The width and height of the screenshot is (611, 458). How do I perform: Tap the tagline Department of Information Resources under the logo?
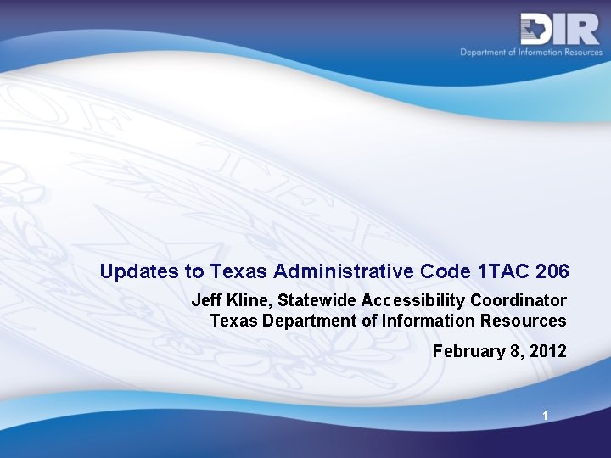click(x=531, y=53)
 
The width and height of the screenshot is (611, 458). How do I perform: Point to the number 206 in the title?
click(x=552, y=272)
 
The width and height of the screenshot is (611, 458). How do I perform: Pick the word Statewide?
click(x=317, y=300)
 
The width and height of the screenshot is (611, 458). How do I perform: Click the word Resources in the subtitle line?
click(x=524, y=321)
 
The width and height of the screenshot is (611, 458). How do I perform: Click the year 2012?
click(x=547, y=351)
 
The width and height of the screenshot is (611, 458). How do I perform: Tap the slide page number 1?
click(x=546, y=416)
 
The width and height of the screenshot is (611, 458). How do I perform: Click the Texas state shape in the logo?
click(x=535, y=29)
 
